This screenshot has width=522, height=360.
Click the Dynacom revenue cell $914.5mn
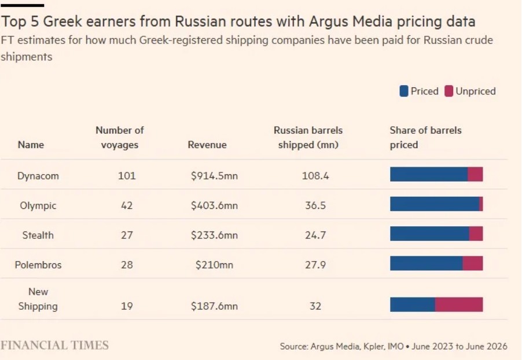214,175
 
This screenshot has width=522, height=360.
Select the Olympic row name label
38,205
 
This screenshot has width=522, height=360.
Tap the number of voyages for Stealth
127,235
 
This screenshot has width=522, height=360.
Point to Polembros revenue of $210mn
214,265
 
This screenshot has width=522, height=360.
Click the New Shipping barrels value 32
315,306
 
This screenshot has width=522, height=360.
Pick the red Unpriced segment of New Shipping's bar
459,304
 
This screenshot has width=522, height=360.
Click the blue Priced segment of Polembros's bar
427,263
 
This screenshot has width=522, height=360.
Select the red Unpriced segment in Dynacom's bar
475,174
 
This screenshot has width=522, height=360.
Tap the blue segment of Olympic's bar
435,204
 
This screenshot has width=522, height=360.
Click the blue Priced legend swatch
404,91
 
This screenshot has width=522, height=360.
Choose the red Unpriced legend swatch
449,91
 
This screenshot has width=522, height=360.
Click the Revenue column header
207,145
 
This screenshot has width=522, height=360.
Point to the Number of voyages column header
120,137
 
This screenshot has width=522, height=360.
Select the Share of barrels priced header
425,137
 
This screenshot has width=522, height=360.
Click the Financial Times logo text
54,346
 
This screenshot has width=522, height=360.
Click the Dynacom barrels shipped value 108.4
315,175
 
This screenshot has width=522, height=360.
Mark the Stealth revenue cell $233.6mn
214,235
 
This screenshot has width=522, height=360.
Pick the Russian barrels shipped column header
308,137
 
